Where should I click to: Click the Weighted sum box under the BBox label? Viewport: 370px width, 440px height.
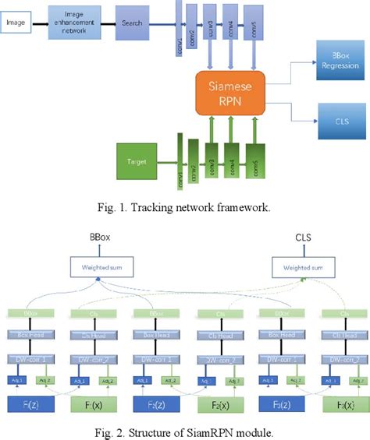[x=100, y=268]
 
